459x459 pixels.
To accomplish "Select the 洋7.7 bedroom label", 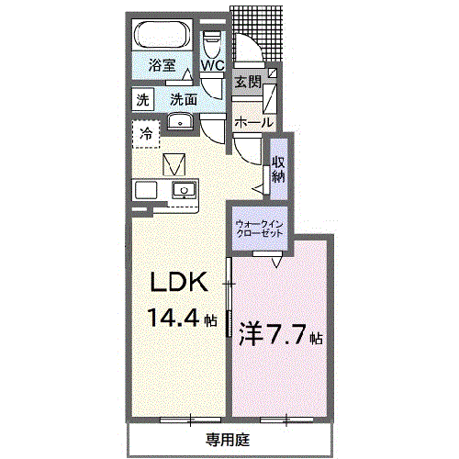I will (x=274, y=332).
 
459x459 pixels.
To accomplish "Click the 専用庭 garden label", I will (x=227, y=438).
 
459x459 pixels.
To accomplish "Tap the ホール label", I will (x=252, y=122).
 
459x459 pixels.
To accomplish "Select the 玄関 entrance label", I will (x=247, y=83).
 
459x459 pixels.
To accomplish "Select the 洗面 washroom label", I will (x=184, y=99).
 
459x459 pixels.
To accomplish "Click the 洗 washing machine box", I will (x=142, y=99).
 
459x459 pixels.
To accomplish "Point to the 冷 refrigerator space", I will (x=146, y=134).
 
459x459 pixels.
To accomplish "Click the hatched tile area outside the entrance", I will (x=261, y=28).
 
